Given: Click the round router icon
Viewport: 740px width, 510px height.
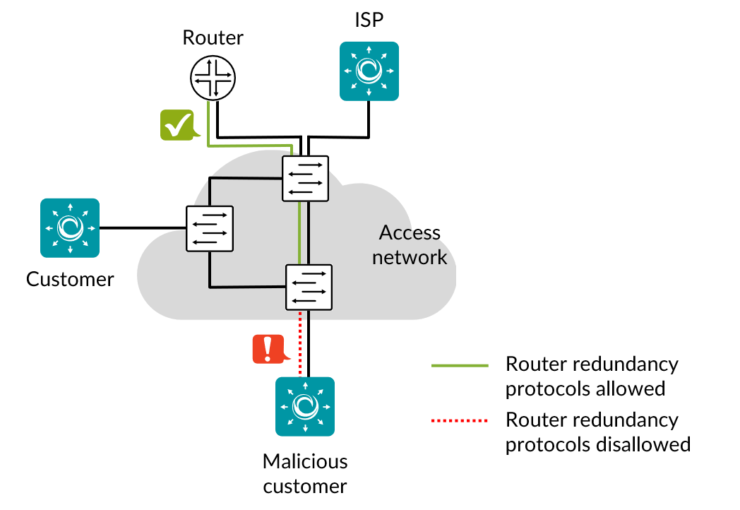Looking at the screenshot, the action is point(213,78).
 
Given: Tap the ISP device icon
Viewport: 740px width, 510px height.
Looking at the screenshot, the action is point(369,70).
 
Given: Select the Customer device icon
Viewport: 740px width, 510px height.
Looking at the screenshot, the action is point(70,227).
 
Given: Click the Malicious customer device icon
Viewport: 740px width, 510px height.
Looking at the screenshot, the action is point(305,406).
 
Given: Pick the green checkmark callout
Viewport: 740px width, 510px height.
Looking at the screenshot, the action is point(179,125).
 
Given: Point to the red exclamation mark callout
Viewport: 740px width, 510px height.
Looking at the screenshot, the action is point(268,349).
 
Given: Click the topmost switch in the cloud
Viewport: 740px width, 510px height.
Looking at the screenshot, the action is point(305,179).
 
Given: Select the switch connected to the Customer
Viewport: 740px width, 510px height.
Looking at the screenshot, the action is point(210,228).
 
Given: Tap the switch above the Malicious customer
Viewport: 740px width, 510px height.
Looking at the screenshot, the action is point(309,287).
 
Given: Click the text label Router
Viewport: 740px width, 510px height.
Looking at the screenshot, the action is point(213,37).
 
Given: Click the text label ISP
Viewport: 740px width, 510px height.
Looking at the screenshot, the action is point(369,20).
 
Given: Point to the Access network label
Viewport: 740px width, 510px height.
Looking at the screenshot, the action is point(410,244).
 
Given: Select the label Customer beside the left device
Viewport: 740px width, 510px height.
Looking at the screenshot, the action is point(70,279).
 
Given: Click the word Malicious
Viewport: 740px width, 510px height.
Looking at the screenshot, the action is point(305,462).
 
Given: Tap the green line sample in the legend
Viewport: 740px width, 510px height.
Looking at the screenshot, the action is point(460,366).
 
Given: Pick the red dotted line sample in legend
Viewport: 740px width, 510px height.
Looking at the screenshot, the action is point(460,422).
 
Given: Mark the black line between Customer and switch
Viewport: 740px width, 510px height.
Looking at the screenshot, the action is point(141,227).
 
